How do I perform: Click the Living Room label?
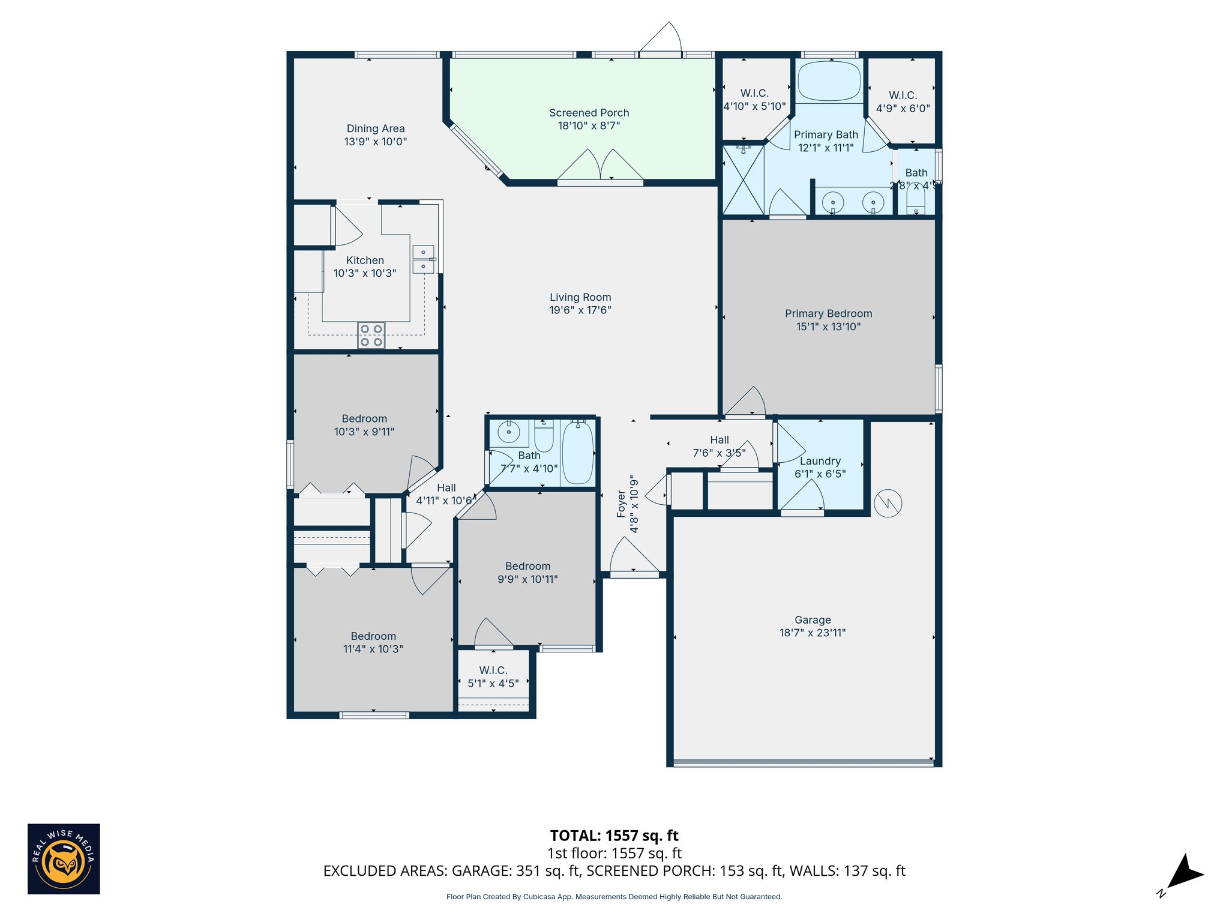point(580,297)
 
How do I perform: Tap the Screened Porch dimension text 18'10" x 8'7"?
point(589,126)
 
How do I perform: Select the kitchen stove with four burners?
point(371,336)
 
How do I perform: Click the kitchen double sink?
point(423,259)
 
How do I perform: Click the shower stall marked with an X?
point(743,180)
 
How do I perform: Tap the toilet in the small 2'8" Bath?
point(916,200)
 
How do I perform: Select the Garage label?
point(813,620)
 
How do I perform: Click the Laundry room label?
point(820,461)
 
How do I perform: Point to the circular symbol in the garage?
point(888,503)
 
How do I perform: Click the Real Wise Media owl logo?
point(64,859)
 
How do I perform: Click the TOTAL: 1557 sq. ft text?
point(614,836)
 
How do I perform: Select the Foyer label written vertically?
point(621,504)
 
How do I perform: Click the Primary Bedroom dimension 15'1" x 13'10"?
point(828,327)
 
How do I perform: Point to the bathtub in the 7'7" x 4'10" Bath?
point(578,453)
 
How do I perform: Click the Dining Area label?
point(376,128)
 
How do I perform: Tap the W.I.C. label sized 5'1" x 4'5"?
point(493,670)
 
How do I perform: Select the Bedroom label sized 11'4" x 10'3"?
point(373,636)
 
